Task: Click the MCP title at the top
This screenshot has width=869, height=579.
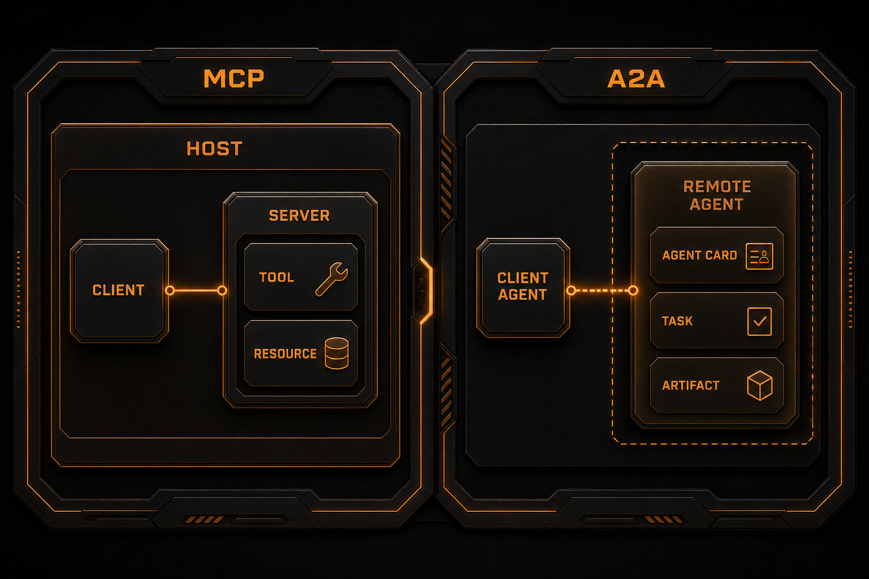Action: pyautogui.click(x=234, y=79)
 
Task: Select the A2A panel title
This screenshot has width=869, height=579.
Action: pyautogui.click(x=636, y=79)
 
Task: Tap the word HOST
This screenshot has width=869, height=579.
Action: pyautogui.click(x=214, y=149)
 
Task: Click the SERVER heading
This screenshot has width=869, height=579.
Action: pyautogui.click(x=299, y=215)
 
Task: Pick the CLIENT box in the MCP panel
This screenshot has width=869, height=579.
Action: pyautogui.click(x=119, y=291)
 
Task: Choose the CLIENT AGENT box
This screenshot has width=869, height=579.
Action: pyautogui.click(x=523, y=287)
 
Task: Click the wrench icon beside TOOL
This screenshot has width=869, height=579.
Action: pyautogui.click(x=332, y=279)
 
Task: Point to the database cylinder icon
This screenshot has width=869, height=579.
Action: pyautogui.click(x=337, y=353)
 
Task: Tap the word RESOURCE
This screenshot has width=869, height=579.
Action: pyautogui.click(x=285, y=354)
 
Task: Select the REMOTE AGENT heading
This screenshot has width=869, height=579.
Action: pyautogui.click(x=717, y=196)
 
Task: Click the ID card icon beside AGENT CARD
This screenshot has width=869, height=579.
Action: pyautogui.click(x=759, y=256)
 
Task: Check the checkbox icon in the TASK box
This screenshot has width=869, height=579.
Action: pyautogui.click(x=759, y=322)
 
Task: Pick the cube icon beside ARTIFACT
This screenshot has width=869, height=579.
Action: pyautogui.click(x=760, y=386)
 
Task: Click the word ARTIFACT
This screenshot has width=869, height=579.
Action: pyautogui.click(x=691, y=386)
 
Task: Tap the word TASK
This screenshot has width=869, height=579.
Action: pyautogui.click(x=677, y=321)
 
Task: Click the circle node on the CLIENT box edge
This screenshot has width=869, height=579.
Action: pyautogui.click(x=170, y=291)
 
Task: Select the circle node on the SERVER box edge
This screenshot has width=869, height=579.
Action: pyautogui.click(x=222, y=291)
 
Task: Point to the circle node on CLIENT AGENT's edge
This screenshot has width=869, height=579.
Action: pyautogui.click(x=571, y=291)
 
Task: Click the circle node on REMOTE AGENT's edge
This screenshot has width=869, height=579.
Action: pyautogui.click(x=633, y=291)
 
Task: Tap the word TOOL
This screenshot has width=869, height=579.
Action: pyautogui.click(x=276, y=277)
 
